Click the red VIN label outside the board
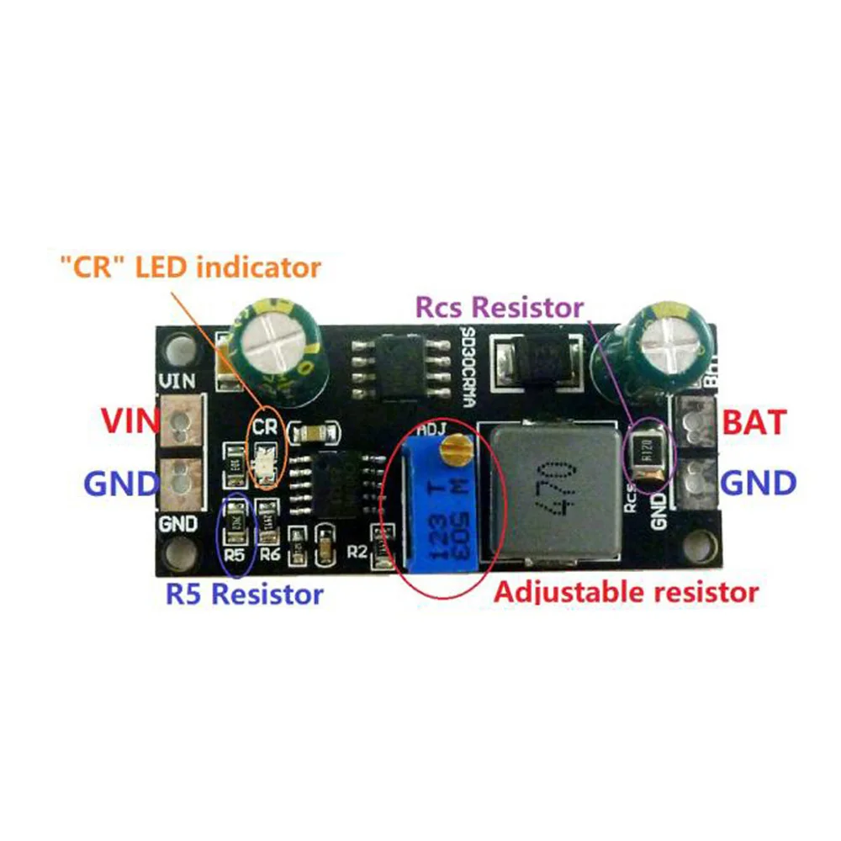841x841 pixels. (127, 420)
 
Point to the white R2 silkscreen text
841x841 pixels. (357, 553)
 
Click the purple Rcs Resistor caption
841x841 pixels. (500, 308)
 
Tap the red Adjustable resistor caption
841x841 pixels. (626, 591)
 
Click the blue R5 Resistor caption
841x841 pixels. (244, 595)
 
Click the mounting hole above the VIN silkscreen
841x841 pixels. (178, 348)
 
